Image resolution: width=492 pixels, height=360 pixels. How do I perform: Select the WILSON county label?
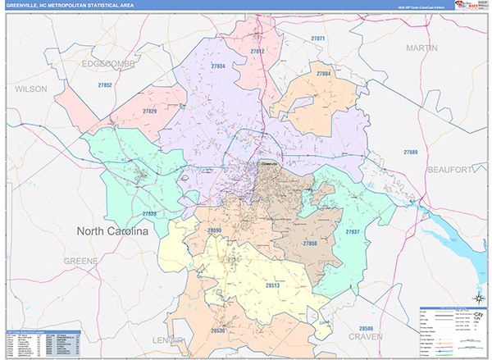point(32,88)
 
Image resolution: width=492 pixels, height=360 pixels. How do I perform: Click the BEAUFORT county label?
point(450,169)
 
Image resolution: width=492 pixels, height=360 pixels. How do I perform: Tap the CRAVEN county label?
point(365,336)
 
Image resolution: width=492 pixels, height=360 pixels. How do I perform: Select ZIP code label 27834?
point(218,66)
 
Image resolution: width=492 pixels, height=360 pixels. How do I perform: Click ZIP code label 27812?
point(257,52)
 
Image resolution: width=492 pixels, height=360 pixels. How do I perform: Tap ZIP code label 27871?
point(318,39)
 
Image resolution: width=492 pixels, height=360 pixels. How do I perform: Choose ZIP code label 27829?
point(149,111)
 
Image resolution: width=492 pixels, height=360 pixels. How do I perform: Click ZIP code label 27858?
point(310,244)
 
